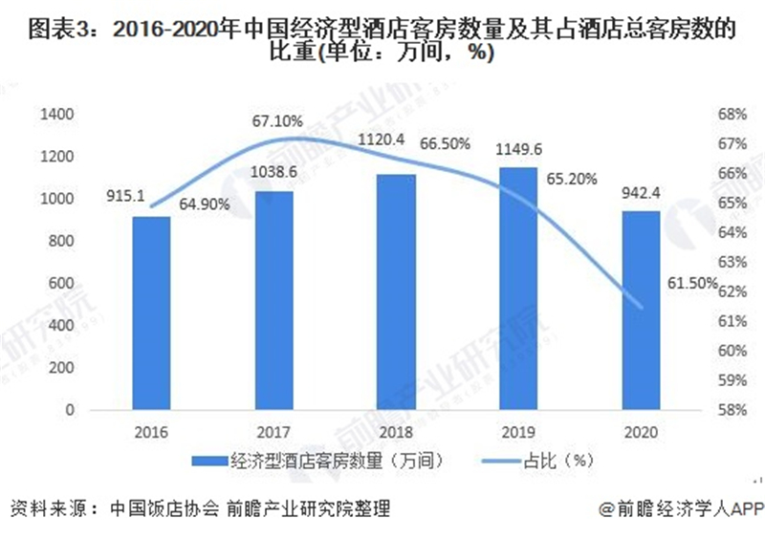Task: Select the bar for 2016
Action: pyautogui.click(x=151, y=313)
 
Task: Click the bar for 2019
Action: pyautogui.click(x=518, y=289)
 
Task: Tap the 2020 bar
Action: pyautogui.click(x=641, y=311)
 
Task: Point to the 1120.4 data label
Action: pyautogui.click(x=381, y=140)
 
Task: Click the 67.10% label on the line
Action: pyautogui.click(x=277, y=121)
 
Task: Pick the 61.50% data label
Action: pyautogui.click(x=692, y=283)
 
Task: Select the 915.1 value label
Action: pyautogui.click(x=125, y=196)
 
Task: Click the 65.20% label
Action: pyautogui.click(x=571, y=179)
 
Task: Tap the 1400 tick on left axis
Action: pyautogui.click(x=57, y=114)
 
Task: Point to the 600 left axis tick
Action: pyautogui.click(x=61, y=283)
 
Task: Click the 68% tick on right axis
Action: pyautogui.click(x=732, y=114)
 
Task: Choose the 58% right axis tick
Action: pyautogui.click(x=732, y=410)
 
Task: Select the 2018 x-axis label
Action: pyautogui.click(x=396, y=432)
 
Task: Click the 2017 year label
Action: pyautogui.click(x=273, y=432)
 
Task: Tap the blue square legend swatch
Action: pyautogui.click(x=209, y=461)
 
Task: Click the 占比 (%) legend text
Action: pyautogui.click(x=558, y=461)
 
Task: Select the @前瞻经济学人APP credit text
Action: pyautogui.click(x=682, y=509)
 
